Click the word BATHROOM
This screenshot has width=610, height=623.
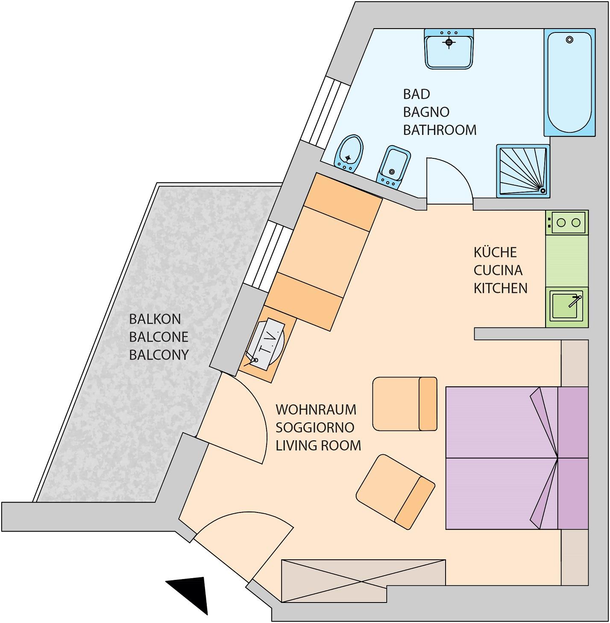pyautogui.click(x=440, y=130)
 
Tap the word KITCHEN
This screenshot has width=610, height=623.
pyautogui.click(x=500, y=288)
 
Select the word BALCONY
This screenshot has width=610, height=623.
pyautogui.click(x=159, y=355)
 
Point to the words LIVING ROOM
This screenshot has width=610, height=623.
pyautogui.click(x=318, y=445)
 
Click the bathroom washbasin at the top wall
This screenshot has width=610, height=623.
pyautogui.click(x=449, y=49)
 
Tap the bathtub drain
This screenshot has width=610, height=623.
pyautogui.click(x=569, y=40)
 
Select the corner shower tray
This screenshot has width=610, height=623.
pyautogui.click(x=523, y=171)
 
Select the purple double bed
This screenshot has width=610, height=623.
pyautogui.click(x=517, y=458)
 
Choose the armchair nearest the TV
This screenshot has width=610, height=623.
pyautogui.click(x=405, y=404)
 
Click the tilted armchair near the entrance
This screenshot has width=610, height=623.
pyautogui.click(x=396, y=492)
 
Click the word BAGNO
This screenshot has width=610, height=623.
pyautogui.click(x=426, y=112)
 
